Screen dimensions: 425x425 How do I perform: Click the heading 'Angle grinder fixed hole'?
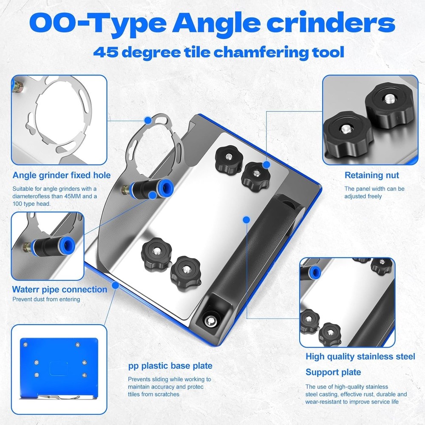pos(62,175)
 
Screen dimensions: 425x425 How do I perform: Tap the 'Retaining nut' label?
pos(372,175)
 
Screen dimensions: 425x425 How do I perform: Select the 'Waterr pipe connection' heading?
pos(59,289)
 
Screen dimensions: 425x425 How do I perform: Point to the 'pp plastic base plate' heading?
pos(170,365)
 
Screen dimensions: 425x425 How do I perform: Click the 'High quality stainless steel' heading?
pos(360,356)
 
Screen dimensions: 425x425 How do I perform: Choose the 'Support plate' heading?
pos(333,372)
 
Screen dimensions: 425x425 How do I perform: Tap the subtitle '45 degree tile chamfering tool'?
pos(218,53)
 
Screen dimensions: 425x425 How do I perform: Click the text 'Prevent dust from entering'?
pos(46,299)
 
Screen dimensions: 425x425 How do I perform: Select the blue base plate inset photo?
pos(59,369)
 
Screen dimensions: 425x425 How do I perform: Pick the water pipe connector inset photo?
pos(47,245)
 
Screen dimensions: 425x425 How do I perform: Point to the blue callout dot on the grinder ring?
pos(147,120)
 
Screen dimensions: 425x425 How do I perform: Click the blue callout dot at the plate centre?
pos(246,219)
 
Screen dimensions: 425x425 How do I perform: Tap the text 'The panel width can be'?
pos(374,188)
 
